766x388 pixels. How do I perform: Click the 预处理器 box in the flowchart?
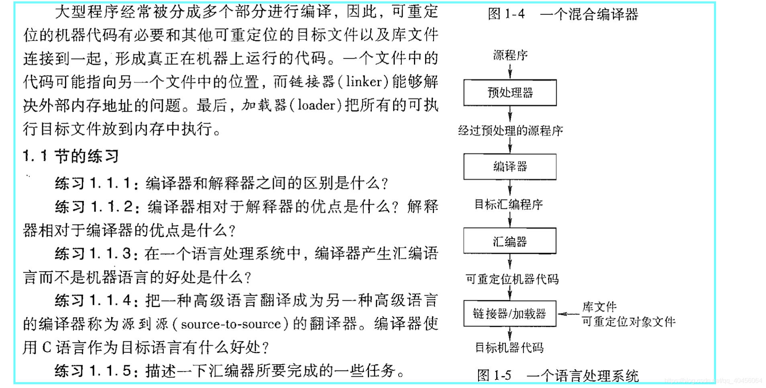[x=510, y=93]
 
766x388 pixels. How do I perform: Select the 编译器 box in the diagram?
[x=510, y=167]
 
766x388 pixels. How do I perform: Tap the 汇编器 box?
[x=510, y=241]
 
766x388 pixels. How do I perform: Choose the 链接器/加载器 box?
[x=510, y=314]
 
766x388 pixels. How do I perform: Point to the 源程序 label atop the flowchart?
[x=510, y=55]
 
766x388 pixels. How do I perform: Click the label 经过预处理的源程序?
[x=510, y=131]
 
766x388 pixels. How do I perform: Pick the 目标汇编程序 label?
[x=509, y=204]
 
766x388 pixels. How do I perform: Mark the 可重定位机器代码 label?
[x=512, y=279]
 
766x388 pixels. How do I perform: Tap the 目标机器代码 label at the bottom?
[x=509, y=347]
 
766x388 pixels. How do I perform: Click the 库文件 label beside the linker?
[x=599, y=307]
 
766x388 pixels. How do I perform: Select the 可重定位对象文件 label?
[x=629, y=322]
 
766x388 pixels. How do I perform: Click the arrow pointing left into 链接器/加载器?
[x=568, y=314]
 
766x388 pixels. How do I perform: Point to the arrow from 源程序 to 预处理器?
[x=510, y=71]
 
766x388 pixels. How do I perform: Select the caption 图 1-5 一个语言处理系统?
[x=558, y=376]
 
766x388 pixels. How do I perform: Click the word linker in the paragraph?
[x=364, y=82]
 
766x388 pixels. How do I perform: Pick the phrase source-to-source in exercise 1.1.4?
[x=231, y=324]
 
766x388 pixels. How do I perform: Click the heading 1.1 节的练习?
[x=71, y=156]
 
